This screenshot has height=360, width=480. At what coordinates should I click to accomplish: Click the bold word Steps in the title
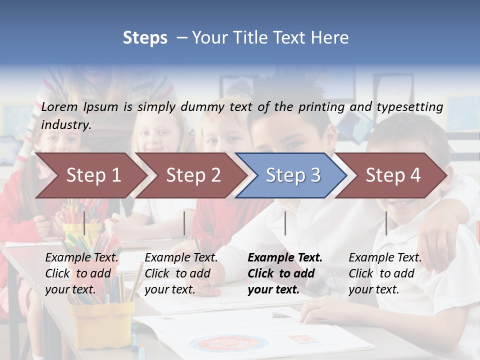point(145,37)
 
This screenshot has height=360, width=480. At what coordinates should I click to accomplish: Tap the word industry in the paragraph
point(65,124)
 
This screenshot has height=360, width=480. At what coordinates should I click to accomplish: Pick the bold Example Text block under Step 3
point(284,273)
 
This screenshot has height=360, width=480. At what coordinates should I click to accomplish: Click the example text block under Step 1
point(81,273)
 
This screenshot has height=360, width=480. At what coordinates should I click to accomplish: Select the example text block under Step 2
point(181,273)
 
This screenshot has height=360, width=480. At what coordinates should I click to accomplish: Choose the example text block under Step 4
point(385,273)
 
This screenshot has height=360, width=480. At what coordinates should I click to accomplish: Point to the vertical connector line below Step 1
point(84,223)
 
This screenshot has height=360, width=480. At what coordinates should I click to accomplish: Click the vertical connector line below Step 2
point(184,223)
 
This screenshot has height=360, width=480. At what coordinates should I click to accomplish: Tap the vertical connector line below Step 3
point(285,223)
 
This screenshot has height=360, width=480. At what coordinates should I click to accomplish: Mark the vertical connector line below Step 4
point(386,223)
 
